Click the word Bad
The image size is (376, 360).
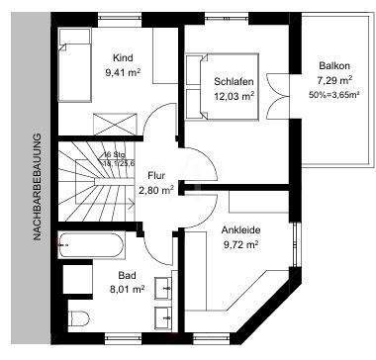[127, 276]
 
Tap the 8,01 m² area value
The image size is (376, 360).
[127, 290]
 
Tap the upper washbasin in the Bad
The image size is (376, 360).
[162, 289]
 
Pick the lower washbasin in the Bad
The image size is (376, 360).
[162, 318]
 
